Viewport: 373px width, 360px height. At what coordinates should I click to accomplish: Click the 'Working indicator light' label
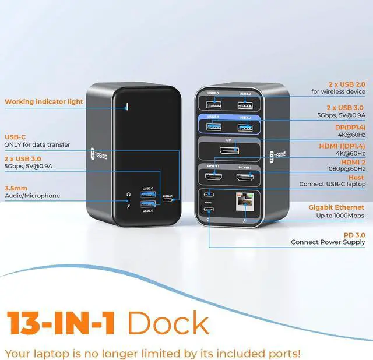coord(44,101)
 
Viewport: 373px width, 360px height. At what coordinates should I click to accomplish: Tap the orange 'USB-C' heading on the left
coord(16,137)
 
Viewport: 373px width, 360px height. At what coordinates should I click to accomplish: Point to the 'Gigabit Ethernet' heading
coord(336,207)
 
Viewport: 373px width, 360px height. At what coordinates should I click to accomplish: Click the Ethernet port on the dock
coord(241,202)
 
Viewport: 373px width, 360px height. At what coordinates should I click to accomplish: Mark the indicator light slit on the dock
coord(128,106)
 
